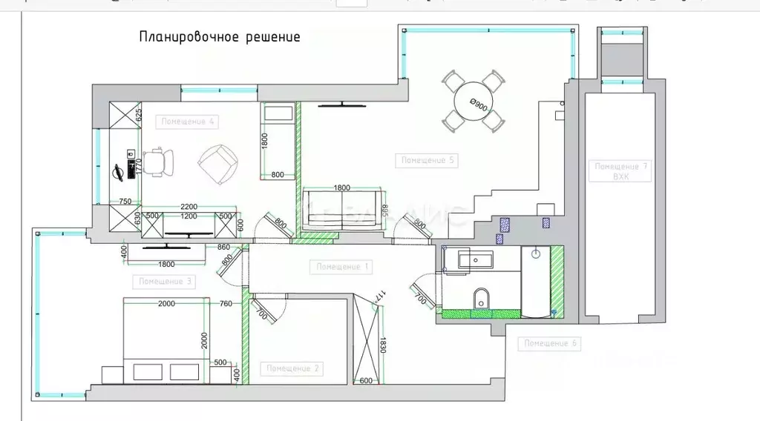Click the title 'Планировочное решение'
click(220, 37)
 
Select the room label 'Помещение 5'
click(427, 160)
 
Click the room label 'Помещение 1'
click(342, 265)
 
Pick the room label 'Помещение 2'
click(293, 368)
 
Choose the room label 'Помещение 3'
click(166, 282)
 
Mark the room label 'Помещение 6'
click(551, 343)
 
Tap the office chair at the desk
click(157, 161)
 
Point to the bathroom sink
click(474, 260)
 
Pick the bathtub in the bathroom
click(537, 282)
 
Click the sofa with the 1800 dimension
click(341, 211)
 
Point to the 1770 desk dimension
click(139, 165)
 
